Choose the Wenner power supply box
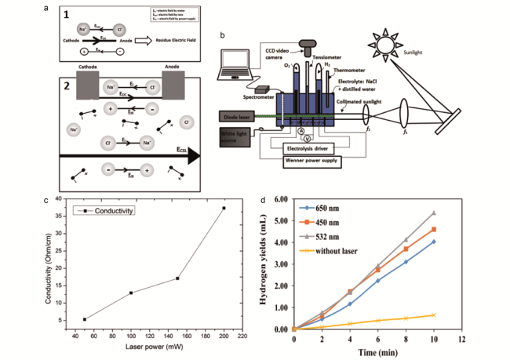click(322, 162)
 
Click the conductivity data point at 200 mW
click(224, 208)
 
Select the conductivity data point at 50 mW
click(85, 319)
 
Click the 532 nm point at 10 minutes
click(433, 213)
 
